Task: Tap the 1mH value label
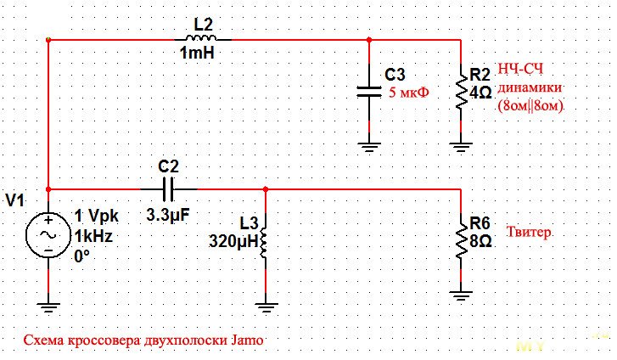(198, 53)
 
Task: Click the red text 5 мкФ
(409, 94)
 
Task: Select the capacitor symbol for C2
(168, 188)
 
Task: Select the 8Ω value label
(480, 241)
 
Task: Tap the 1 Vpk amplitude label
(95, 216)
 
